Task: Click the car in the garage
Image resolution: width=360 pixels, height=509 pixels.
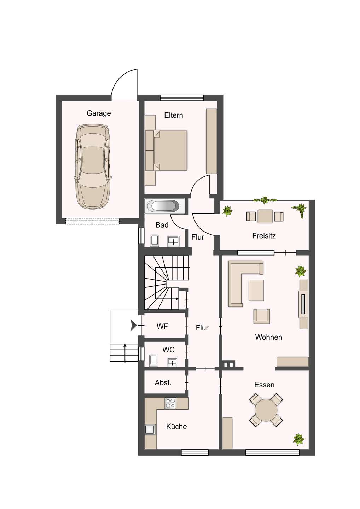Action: (93, 166)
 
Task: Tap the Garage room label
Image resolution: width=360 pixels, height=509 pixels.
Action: (99, 113)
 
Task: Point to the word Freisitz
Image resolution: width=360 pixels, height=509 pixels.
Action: (264, 236)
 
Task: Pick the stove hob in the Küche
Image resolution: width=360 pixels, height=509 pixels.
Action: (170, 403)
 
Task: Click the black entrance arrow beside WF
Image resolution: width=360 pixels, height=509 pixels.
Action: (133, 326)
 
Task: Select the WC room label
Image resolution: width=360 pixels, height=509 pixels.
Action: (168, 350)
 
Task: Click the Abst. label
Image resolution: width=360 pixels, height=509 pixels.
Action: (163, 383)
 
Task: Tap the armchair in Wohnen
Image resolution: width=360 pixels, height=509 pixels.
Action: (262, 316)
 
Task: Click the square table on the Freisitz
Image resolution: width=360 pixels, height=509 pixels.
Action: (265, 216)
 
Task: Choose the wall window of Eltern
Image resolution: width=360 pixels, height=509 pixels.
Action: (181, 98)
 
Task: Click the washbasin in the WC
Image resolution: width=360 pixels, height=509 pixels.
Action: (173, 363)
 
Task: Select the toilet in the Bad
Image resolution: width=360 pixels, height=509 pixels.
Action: (155, 241)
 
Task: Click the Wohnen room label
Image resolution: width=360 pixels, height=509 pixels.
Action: (268, 337)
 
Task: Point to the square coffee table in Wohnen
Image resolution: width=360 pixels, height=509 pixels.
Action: (256, 290)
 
